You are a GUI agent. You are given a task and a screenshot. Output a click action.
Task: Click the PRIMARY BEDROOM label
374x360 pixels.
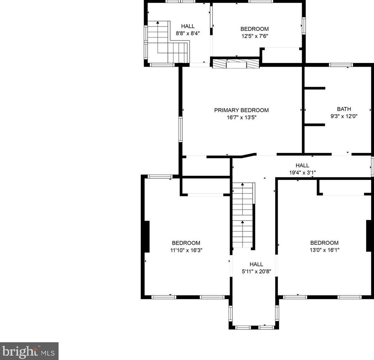241,110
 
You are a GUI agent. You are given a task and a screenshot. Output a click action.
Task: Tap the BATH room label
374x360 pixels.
344,109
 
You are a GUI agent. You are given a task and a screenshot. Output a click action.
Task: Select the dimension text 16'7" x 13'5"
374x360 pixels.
241,117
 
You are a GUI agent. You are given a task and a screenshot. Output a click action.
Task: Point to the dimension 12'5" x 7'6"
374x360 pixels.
255,36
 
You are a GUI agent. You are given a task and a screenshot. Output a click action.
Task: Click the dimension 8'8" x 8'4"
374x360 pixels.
188,33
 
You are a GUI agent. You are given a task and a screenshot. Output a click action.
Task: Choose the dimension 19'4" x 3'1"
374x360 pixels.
302,173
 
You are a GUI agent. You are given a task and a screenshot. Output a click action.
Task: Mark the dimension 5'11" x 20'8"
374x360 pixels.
256,272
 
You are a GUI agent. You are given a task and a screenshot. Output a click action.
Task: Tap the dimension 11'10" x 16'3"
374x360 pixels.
186,250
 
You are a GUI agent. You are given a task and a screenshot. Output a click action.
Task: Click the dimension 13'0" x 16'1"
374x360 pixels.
325,250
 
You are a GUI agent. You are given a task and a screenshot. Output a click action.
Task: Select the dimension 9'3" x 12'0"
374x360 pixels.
344,116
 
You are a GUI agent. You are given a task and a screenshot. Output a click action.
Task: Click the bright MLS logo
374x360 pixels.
29,351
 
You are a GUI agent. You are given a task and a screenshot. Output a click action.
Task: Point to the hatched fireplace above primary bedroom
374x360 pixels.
236,64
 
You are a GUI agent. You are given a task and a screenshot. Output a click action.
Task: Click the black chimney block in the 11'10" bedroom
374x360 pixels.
147,236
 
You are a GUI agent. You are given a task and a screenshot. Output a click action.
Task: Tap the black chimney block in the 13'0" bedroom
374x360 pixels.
369,235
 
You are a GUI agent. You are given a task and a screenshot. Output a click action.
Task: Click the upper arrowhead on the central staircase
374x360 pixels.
243,184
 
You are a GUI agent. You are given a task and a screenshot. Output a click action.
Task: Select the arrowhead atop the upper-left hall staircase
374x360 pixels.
158,23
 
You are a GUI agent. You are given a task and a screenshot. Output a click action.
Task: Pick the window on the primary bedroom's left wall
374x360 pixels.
181,129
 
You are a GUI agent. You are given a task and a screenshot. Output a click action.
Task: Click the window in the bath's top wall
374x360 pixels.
341,65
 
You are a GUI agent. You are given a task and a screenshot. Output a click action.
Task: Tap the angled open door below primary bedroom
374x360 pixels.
249,155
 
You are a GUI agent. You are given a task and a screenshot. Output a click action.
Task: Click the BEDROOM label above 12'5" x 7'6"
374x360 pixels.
254,29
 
